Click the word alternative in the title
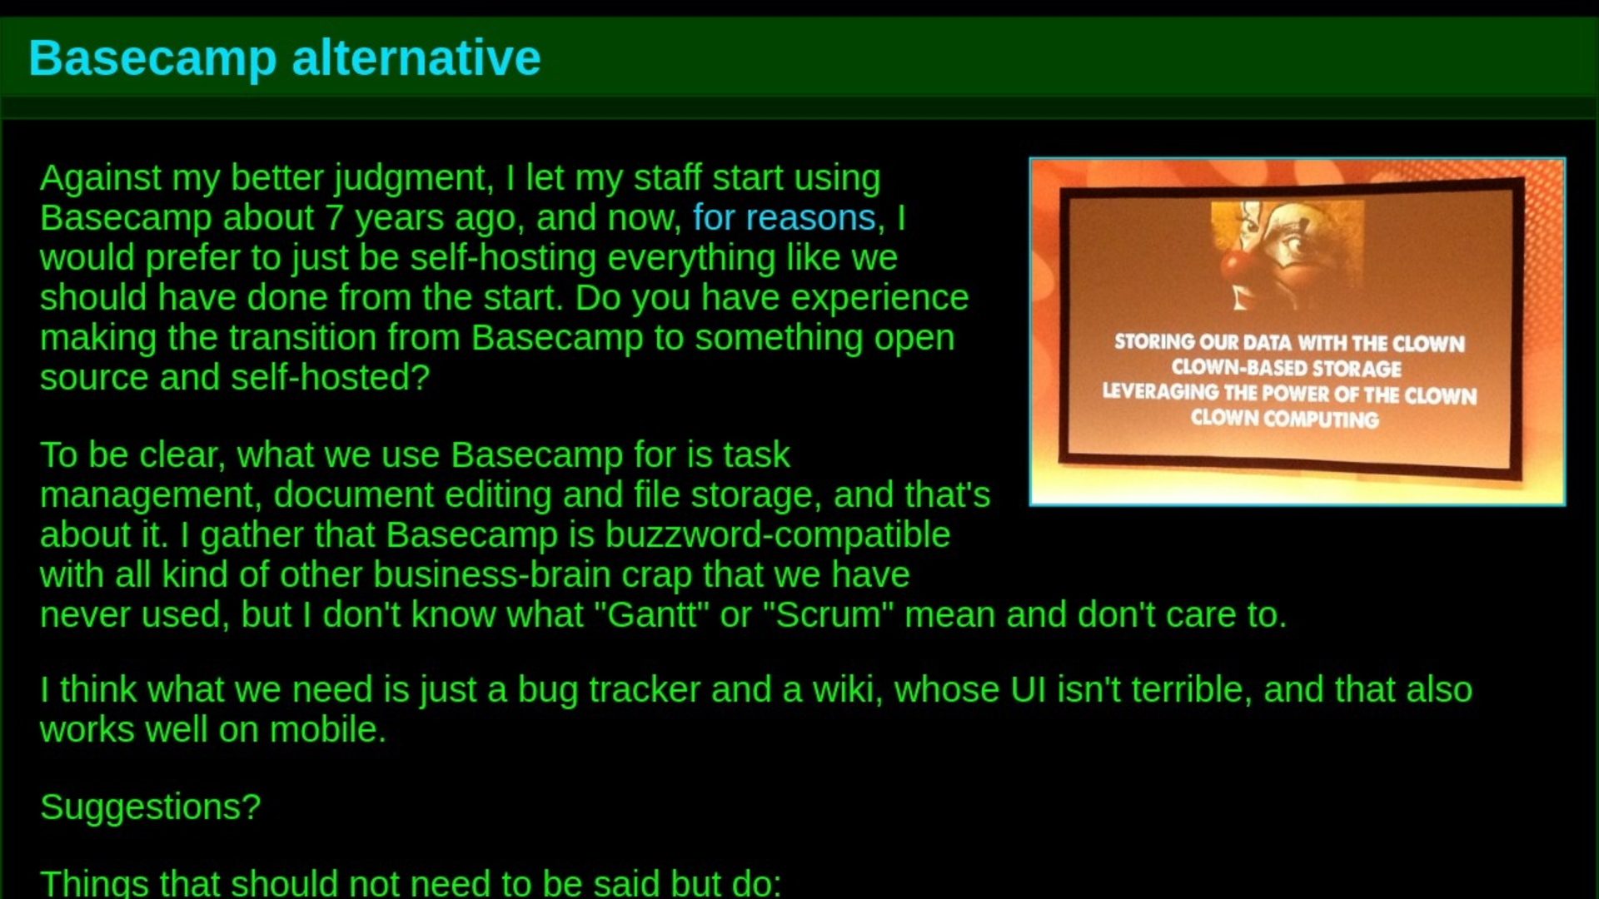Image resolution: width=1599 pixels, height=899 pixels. click(x=416, y=57)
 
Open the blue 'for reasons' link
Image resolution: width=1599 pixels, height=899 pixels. click(x=785, y=217)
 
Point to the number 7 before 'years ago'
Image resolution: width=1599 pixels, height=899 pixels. click(x=334, y=218)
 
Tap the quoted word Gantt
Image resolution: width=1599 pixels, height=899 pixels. click(x=651, y=614)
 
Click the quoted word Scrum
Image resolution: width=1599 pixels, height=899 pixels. click(x=828, y=614)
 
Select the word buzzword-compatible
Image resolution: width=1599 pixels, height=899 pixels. click(x=777, y=535)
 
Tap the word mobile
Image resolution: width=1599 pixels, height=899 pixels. click(x=327, y=729)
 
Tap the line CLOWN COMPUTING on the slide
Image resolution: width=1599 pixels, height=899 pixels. click(x=1284, y=419)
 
